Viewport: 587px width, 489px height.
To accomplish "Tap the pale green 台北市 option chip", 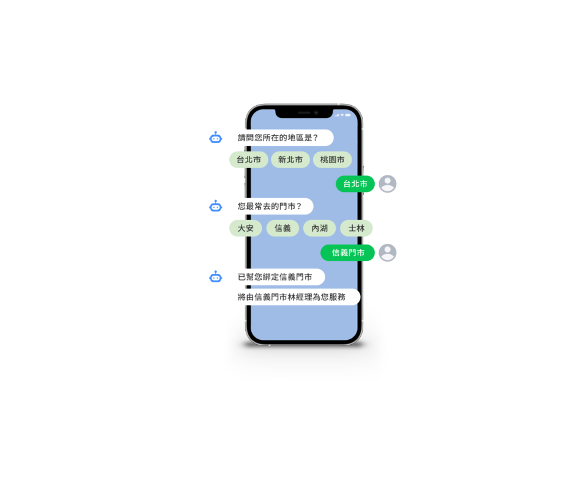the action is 249,160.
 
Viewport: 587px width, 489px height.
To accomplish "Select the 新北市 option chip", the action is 290,160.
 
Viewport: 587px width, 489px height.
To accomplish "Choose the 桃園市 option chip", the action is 332,160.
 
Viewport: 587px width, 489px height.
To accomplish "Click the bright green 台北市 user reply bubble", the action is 355,184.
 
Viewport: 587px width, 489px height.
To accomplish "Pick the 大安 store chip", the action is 246,228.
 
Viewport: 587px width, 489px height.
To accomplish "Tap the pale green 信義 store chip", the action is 282,228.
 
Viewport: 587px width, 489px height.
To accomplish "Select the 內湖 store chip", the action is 319,228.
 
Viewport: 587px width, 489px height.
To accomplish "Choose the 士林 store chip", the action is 356,228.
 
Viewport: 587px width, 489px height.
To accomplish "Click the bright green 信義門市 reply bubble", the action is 348,253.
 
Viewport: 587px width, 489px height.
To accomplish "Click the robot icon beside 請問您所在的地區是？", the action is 216,138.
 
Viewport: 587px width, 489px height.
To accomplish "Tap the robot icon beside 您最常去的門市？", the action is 216,206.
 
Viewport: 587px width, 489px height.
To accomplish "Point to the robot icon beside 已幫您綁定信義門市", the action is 216,277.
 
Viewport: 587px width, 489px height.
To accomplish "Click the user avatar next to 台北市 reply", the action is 388,184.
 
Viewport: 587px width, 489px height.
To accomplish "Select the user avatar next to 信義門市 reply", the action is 388,253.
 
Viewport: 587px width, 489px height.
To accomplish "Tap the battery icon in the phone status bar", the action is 348,116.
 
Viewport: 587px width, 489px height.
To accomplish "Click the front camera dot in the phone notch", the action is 316,112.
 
